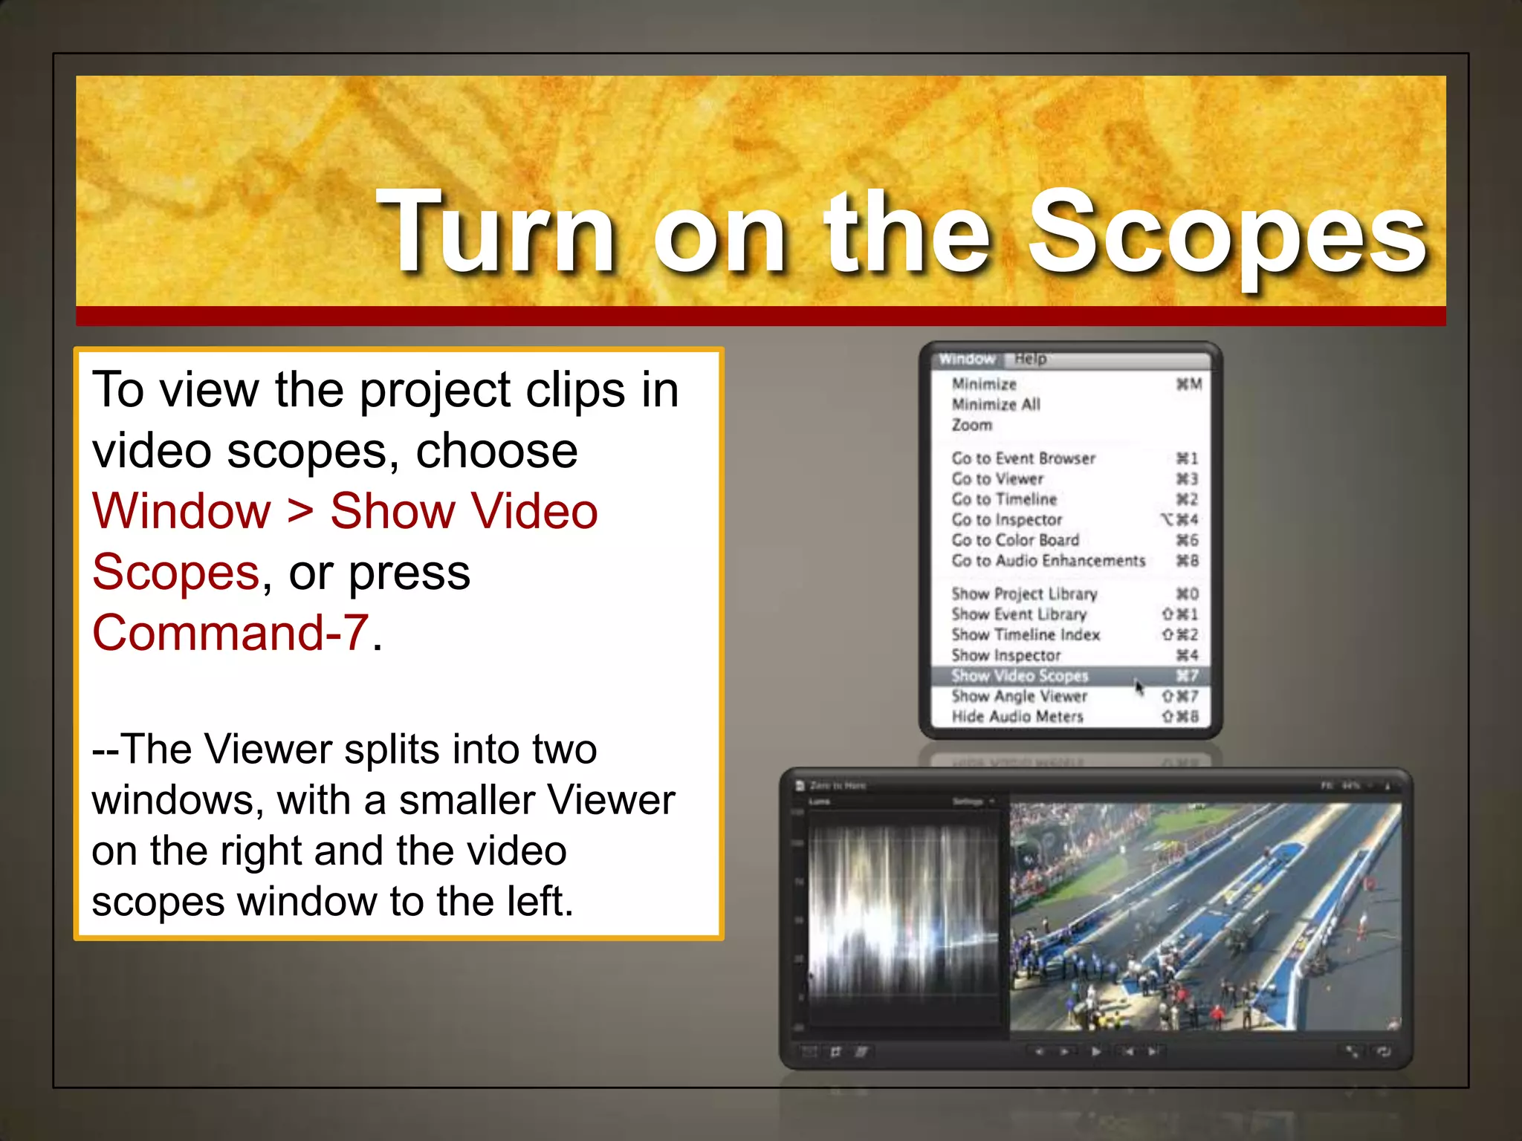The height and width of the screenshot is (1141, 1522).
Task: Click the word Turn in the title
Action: point(496,232)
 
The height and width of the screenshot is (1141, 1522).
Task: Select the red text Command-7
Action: point(230,634)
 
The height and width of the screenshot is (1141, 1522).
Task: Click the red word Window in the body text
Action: point(182,512)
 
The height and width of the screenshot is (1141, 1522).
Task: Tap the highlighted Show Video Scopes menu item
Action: point(1020,676)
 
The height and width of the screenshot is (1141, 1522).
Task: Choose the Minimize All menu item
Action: point(996,405)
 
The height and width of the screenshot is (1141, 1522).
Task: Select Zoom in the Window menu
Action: point(972,426)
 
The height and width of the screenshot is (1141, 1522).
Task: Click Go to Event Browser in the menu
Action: point(1023,459)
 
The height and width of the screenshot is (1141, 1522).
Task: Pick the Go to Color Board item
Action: point(1015,541)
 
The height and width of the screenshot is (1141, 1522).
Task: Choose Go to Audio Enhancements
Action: point(1048,561)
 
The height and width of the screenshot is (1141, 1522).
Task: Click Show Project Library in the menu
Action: point(1024,594)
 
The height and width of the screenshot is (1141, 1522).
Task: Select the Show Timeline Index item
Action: point(1026,635)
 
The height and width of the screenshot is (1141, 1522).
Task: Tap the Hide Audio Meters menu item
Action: point(1017,717)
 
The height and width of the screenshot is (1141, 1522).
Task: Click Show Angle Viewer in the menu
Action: point(1019,697)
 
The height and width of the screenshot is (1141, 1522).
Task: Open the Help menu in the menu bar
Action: point(1031,360)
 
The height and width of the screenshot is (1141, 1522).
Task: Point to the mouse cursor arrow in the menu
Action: point(1139,687)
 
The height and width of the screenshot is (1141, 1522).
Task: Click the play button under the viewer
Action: point(1096,1051)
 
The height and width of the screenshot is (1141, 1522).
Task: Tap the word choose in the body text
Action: point(496,451)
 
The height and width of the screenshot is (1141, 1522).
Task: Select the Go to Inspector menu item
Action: point(1007,520)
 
